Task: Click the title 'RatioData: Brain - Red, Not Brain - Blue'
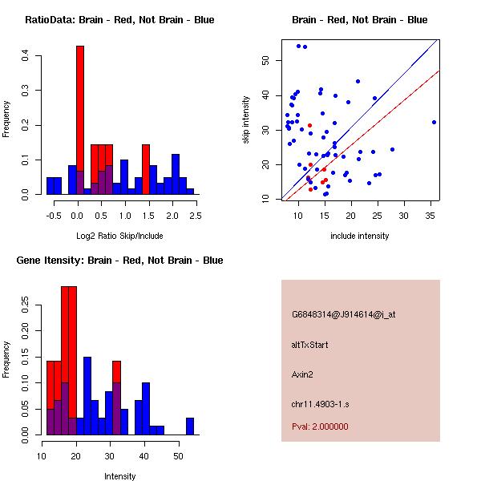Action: (x=119, y=19)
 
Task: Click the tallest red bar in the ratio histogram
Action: (x=80, y=120)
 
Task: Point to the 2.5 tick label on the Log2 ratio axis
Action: (x=196, y=215)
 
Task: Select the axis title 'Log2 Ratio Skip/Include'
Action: (x=119, y=235)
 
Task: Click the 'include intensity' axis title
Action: (x=360, y=236)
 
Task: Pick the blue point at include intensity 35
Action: (x=434, y=122)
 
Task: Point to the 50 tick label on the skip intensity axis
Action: (x=266, y=60)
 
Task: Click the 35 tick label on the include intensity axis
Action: (x=430, y=215)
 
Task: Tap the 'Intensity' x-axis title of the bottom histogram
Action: (x=119, y=476)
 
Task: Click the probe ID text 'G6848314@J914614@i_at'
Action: (x=343, y=314)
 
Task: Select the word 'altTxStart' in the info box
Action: (x=311, y=345)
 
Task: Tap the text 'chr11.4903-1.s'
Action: (x=320, y=402)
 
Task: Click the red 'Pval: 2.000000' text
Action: (x=320, y=426)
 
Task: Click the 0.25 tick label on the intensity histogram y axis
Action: (x=26, y=305)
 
